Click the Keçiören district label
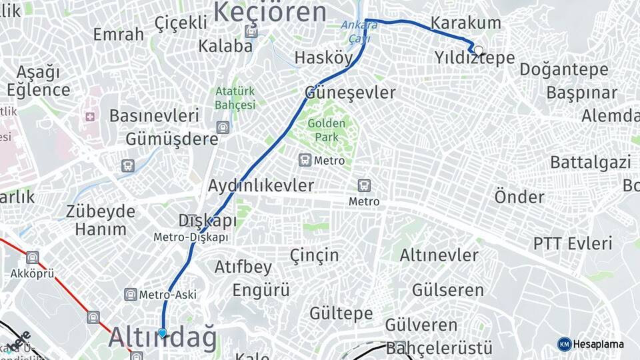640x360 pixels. [x=269, y=12]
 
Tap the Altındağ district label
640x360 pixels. [x=162, y=338]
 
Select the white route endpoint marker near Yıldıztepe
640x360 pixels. [x=478, y=50]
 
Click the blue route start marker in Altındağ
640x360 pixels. [x=162, y=333]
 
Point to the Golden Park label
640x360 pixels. [x=327, y=130]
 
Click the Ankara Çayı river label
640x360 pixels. [x=359, y=32]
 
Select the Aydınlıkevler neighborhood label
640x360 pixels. [x=261, y=185]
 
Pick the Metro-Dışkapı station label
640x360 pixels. [x=191, y=237]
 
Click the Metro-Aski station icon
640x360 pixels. [x=131, y=294]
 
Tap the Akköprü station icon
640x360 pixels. [x=32, y=257]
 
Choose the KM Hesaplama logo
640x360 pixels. [x=590, y=344]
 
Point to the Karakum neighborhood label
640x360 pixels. [x=465, y=23]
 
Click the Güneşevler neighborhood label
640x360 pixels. [x=350, y=93]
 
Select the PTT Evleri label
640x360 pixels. [x=572, y=243]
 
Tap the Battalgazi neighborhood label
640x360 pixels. [x=590, y=162]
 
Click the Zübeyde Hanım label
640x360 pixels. [x=100, y=221]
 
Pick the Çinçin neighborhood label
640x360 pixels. [x=315, y=255]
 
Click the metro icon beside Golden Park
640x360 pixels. [x=305, y=160]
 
